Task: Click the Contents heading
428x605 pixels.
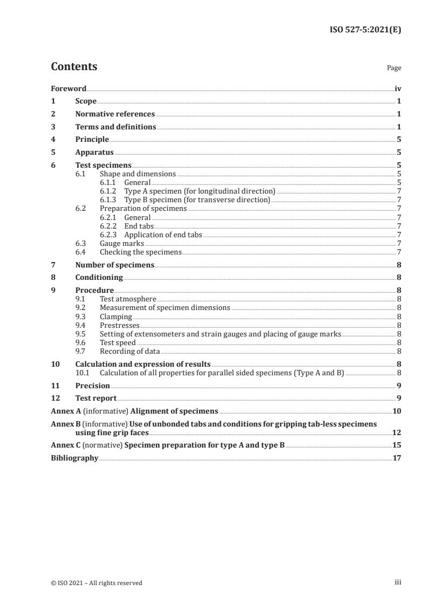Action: coord(74,67)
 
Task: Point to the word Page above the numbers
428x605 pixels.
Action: coord(394,68)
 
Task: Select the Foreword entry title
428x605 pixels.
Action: coord(69,88)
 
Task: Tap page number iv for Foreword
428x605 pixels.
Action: coord(398,88)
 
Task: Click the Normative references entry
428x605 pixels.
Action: coord(115,114)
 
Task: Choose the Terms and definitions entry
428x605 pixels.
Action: coord(116,127)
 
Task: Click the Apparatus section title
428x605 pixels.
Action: coord(94,153)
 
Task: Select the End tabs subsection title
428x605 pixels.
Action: coord(139,226)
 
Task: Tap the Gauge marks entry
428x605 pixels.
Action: coord(121,243)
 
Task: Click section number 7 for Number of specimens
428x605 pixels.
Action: coord(52,265)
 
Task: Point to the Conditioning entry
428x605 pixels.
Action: coord(99,278)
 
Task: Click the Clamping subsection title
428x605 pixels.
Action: coord(116,317)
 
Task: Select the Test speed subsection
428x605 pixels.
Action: coord(118,342)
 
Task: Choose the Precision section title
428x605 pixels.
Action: coord(92,386)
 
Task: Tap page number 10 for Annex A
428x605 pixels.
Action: coord(397,411)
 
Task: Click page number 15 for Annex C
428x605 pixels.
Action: coord(397,445)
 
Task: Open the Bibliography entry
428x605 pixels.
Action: coord(74,458)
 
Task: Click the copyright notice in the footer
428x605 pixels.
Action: coord(97,582)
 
